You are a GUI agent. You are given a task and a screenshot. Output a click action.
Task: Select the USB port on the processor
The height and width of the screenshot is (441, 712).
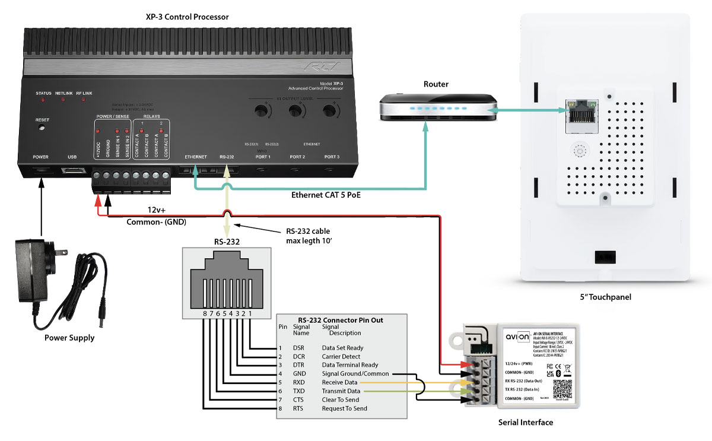click(73, 172)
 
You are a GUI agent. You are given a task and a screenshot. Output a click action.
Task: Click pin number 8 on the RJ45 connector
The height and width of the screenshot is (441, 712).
click(204, 312)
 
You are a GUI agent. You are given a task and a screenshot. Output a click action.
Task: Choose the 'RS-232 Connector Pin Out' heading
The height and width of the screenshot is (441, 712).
click(340, 320)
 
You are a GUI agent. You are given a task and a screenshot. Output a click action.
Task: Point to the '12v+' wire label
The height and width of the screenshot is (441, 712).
click(159, 210)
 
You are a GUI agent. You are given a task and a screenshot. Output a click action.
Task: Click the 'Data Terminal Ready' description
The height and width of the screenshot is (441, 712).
click(350, 365)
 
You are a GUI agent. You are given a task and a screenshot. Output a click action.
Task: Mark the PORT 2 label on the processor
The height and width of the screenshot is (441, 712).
click(297, 157)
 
